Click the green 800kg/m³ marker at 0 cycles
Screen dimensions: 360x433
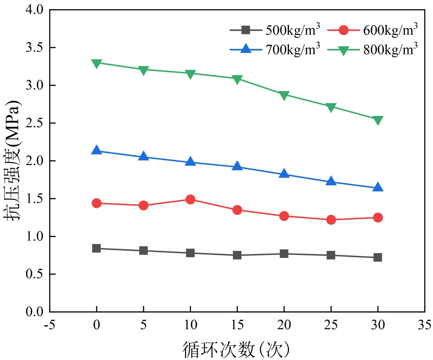[97, 63]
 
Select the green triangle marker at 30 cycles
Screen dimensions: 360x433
[378, 120]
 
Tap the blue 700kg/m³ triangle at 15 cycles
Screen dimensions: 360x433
[237, 166]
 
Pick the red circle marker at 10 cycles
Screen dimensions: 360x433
[190, 199]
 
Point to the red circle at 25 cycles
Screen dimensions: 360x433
[331, 220]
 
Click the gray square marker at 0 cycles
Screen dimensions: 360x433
[97, 248]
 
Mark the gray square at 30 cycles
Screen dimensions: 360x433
[378, 257]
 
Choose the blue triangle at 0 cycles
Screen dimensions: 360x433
[97, 150]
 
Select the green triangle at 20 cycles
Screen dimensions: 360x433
[284, 95]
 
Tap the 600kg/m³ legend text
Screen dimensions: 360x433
[390, 30]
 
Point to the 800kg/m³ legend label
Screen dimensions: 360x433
[390, 49]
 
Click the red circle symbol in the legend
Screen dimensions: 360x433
[343, 30]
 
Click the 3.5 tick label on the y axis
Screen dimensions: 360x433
[34, 47]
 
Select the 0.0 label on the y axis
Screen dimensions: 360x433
[34, 312]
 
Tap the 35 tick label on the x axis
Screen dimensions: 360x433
[424, 325]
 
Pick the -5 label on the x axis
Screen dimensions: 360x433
[50, 325]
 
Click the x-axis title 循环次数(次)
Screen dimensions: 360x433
[236, 349]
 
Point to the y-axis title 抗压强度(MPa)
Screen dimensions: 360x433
[12, 160]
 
